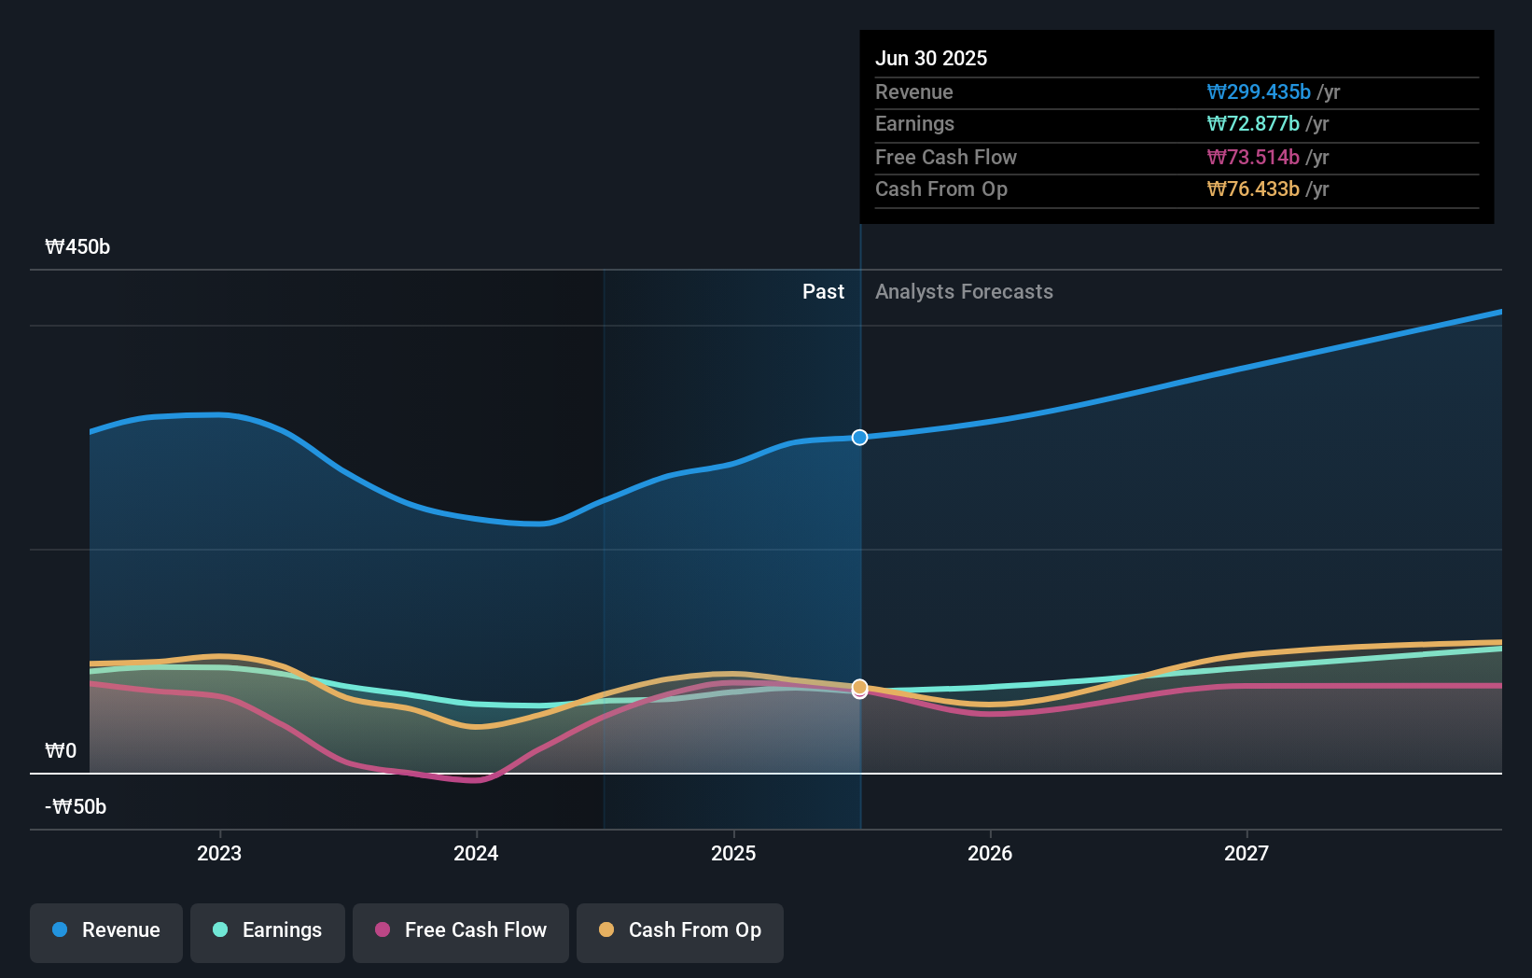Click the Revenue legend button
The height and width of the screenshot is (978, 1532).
point(106,931)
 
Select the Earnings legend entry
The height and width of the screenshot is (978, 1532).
point(268,931)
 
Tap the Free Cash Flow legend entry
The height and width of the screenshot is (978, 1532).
point(461,931)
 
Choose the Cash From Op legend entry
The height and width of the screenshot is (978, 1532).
point(680,931)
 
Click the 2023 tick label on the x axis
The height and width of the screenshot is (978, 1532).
point(219,854)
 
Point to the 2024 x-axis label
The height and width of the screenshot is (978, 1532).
point(476,854)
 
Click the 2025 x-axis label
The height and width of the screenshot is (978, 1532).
point(733,854)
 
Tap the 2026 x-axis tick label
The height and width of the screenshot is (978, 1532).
point(990,854)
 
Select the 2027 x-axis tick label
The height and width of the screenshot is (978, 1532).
point(1246,854)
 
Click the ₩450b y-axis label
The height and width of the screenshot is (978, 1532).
point(77,247)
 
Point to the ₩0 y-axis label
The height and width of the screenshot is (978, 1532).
point(61,751)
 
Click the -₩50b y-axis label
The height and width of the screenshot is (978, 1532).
point(76,807)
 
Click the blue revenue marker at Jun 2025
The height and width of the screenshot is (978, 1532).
point(859,438)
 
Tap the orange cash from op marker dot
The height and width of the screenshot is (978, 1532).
point(859,687)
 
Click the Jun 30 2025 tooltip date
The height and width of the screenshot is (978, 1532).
point(930,59)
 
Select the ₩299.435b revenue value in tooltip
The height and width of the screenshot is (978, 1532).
point(1259,92)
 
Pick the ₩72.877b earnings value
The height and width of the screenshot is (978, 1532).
point(1253,124)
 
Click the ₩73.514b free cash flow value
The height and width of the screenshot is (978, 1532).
point(1253,158)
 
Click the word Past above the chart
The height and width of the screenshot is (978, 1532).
point(823,292)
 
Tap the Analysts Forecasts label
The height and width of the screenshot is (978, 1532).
point(964,292)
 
